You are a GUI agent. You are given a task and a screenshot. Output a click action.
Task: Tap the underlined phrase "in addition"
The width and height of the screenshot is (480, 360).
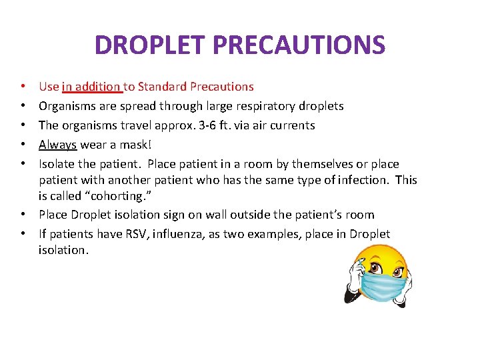pyautogui.click(x=91, y=87)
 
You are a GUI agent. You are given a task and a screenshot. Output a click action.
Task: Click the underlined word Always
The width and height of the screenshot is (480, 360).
pyautogui.click(x=58, y=145)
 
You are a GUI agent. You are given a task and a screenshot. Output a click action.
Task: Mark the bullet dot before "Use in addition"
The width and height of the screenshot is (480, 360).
pyautogui.click(x=23, y=87)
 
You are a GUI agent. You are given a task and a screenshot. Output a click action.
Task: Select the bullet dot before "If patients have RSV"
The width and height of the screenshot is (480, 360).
pyautogui.click(x=23, y=234)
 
